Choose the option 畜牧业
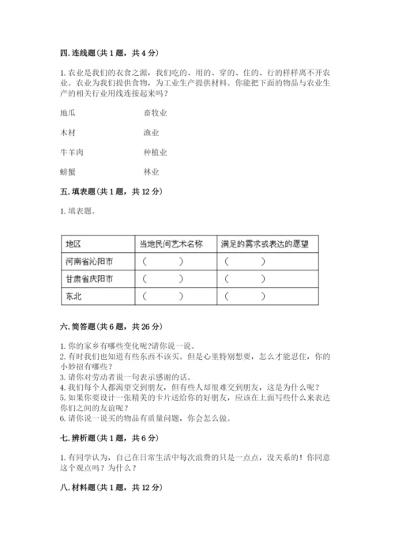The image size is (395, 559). pos(155,113)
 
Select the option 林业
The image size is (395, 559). pos(151,171)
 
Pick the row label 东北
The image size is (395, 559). pos(73,297)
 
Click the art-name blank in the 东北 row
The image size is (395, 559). pos(164,297)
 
